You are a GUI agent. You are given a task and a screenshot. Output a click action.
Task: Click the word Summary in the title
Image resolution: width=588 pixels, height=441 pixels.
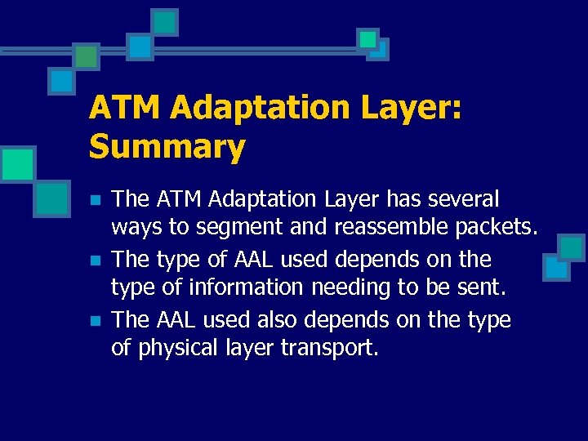click(x=167, y=147)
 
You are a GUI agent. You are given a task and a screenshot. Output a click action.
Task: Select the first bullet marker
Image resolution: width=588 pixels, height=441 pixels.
click(x=95, y=200)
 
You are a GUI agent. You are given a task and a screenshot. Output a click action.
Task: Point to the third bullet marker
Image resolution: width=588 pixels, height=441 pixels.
click(x=95, y=322)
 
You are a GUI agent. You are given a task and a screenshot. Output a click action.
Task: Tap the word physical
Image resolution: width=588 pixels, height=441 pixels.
click(x=173, y=350)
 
